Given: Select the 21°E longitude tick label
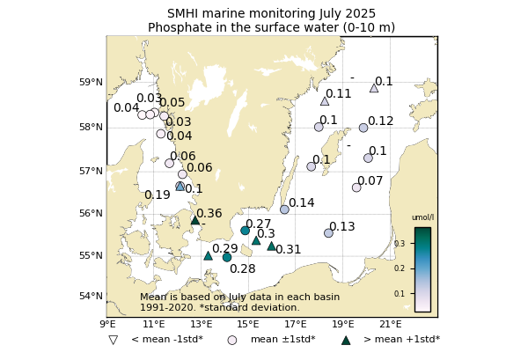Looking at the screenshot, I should tap(390, 325).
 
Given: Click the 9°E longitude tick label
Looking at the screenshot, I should tap(107, 325).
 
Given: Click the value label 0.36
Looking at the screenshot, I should tap(209, 214).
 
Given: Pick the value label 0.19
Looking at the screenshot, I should tap(158, 195).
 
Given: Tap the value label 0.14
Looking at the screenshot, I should tap(302, 203).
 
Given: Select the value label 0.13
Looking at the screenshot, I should tap(342, 227).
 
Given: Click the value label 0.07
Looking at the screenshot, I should tap(370, 181).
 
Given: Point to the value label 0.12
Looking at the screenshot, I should tap(381, 121).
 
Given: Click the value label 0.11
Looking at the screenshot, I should tap(339, 94).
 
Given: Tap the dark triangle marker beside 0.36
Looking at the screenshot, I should tap(195, 220).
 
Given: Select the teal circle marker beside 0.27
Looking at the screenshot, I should tap(246, 231).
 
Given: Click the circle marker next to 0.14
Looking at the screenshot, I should tap(284, 209).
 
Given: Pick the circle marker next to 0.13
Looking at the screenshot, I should tap(328, 233).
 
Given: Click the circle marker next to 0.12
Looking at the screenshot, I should tap(363, 128).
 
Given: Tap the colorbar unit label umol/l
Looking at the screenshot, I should tap(422, 217).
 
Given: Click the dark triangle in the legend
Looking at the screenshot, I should tap(346, 340).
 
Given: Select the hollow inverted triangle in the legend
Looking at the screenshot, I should tap(113, 340).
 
